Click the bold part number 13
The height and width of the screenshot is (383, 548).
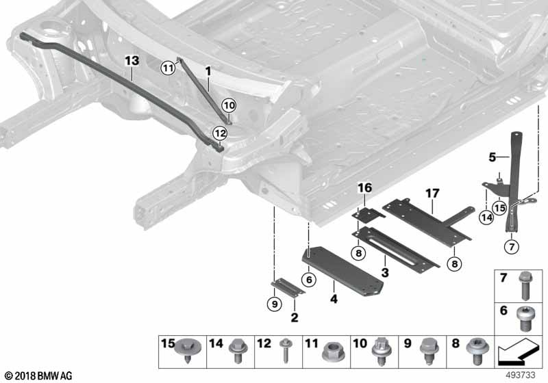click(x=132, y=61)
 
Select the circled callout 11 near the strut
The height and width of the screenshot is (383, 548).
click(x=169, y=66)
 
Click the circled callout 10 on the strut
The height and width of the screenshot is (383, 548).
click(x=228, y=105)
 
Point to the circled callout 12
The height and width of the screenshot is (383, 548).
click(x=219, y=133)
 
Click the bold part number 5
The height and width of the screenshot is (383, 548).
click(x=491, y=157)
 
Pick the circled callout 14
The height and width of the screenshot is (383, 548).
click(x=486, y=217)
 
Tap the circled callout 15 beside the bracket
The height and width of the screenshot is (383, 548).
click(x=499, y=207)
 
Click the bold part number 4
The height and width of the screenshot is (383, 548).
click(x=334, y=298)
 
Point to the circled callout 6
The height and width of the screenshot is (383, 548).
click(x=310, y=279)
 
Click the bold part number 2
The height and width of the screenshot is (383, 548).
click(x=295, y=317)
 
